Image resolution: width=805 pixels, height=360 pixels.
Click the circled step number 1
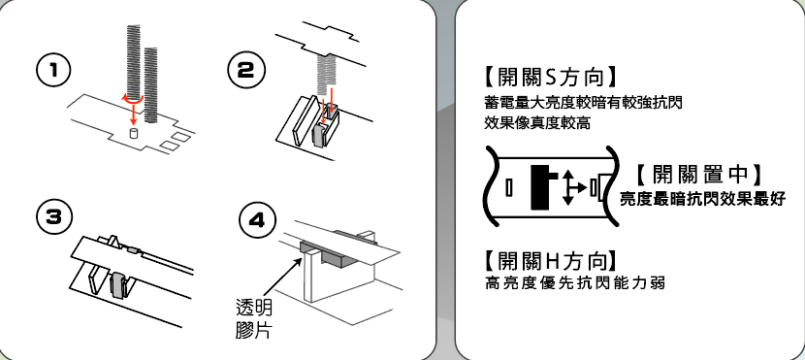tap(53, 71)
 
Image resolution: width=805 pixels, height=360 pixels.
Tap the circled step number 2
tap(246, 71)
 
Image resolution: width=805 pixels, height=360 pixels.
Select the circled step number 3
tap(53, 216)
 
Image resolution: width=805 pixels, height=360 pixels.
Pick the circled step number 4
tap(257, 221)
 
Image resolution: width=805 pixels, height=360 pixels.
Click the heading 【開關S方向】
tap(549, 77)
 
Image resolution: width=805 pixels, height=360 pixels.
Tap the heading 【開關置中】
tap(698, 175)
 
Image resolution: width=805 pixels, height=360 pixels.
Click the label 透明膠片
tap(253, 318)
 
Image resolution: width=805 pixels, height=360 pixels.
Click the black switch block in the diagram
tap(542, 187)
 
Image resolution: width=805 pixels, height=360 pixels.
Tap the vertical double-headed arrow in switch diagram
tap(567, 188)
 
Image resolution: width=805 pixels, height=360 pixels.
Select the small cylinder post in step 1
tap(134, 134)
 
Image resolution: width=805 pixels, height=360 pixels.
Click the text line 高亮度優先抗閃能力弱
tap(574, 283)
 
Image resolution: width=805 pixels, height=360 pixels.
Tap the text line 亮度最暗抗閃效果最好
tap(702, 199)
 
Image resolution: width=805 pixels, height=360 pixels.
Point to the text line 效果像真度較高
tap(537, 123)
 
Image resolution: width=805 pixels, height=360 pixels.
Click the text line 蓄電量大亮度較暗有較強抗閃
tap(583, 103)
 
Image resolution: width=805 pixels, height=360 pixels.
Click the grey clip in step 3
tap(119, 285)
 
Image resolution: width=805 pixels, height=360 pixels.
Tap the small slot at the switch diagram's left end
tap(509, 188)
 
